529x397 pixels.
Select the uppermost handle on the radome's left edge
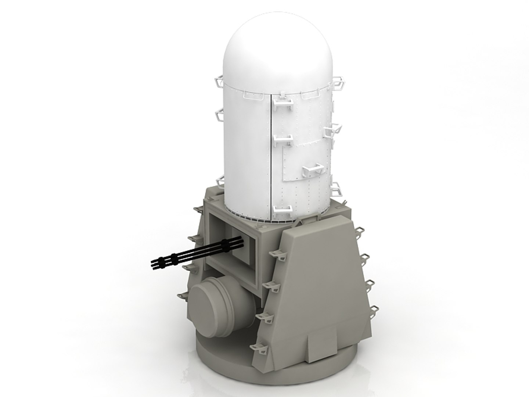tap(219, 79)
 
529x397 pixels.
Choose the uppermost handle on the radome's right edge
tap(340, 82)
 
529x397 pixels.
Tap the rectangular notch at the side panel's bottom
tap(321, 340)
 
